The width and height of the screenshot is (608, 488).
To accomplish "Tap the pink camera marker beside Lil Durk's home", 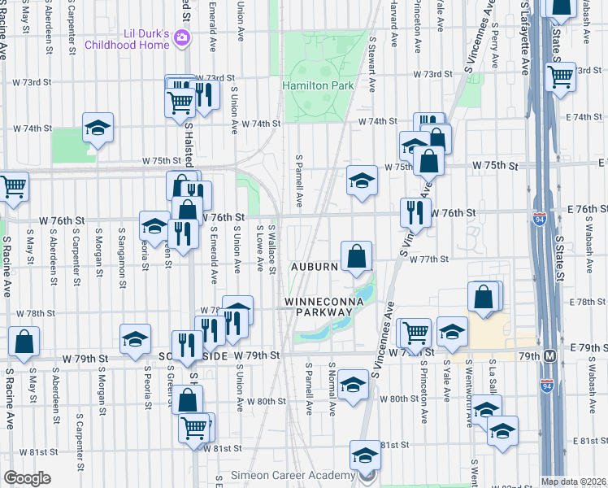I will click(x=184, y=37).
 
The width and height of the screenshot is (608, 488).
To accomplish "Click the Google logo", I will click(x=27, y=478).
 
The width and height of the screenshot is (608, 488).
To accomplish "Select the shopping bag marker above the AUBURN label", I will click(x=357, y=257).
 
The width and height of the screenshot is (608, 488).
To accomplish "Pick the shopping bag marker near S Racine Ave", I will click(x=24, y=343).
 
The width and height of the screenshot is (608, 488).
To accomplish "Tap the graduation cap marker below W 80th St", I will click(x=354, y=385).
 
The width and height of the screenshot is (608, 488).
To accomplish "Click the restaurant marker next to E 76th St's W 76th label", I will click(x=415, y=213).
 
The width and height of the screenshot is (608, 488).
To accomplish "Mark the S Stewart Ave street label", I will click(x=373, y=63).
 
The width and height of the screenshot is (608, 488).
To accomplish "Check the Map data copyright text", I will click(x=574, y=481).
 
